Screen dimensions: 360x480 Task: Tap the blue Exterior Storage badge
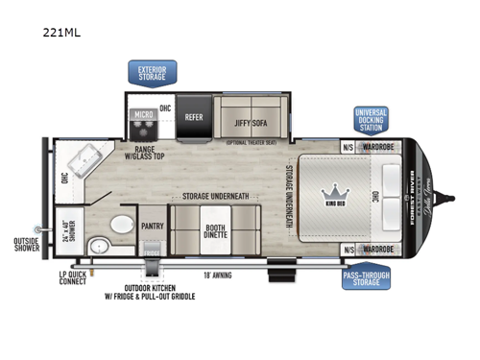[x=152, y=73]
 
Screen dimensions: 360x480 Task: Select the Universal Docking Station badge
[x=371, y=119]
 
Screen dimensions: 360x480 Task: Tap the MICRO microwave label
[x=143, y=115]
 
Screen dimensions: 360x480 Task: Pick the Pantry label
[x=152, y=227]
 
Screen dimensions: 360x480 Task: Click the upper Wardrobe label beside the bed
[x=379, y=147]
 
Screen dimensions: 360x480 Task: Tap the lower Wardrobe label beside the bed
[x=379, y=250]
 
